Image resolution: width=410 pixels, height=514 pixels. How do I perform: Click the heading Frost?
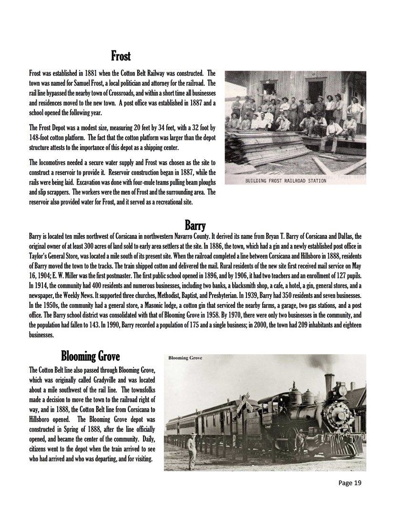coord(121,56)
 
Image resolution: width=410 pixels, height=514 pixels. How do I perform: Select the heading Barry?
coord(195,225)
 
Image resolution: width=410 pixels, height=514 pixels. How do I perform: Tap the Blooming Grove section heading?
coord(90,356)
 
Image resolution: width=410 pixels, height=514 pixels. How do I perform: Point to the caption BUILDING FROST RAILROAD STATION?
coord(286,181)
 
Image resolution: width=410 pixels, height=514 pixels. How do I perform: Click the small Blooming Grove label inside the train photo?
coord(185,358)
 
